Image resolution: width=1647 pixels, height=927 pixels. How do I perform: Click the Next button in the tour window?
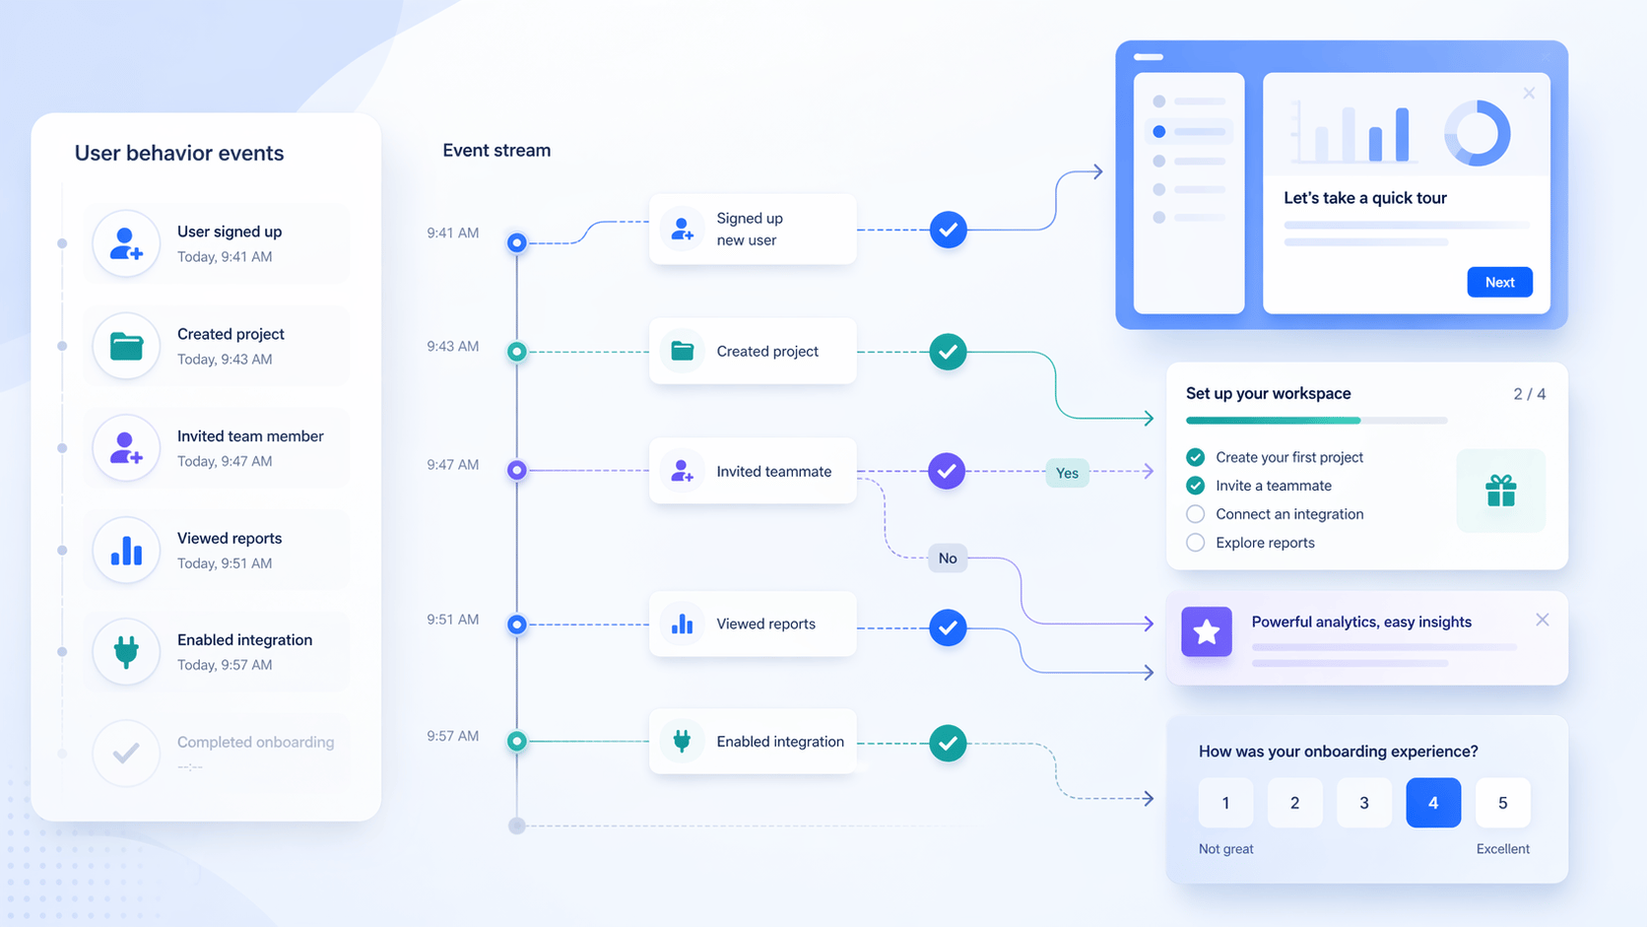click(x=1499, y=283)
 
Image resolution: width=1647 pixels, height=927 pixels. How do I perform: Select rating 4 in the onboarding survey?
click(x=1432, y=803)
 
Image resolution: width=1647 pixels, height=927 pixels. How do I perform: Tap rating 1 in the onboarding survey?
click(x=1225, y=803)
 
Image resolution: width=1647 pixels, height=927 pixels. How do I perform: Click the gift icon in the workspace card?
click(x=1500, y=491)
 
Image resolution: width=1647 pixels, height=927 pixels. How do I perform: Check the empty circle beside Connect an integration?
click(x=1195, y=514)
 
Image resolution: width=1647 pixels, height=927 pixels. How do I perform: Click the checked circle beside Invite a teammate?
click(x=1195, y=486)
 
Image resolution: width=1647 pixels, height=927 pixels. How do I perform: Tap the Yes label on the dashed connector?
click(x=1067, y=473)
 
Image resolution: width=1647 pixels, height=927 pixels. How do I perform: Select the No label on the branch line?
click(x=948, y=559)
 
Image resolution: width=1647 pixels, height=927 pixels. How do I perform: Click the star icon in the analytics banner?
click(x=1207, y=632)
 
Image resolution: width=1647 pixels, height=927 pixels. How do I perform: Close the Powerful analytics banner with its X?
click(x=1542, y=620)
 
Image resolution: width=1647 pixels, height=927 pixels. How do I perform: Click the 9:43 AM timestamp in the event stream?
click(x=453, y=347)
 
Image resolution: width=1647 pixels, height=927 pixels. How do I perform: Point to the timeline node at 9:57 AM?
click(x=516, y=741)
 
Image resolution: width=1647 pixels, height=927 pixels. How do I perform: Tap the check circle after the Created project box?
click(x=948, y=352)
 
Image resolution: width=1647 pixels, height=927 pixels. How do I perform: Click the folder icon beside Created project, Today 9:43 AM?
click(x=126, y=347)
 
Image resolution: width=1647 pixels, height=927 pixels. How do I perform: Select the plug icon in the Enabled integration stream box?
click(x=682, y=741)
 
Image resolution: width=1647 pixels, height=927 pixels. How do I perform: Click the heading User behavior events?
click(x=179, y=154)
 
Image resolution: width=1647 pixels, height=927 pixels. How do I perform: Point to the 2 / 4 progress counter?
click(x=1529, y=394)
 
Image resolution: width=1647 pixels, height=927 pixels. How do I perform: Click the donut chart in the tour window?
click(x=1477, y=133)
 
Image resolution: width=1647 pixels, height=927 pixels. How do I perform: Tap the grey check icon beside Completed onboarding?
click(x=126, y=754)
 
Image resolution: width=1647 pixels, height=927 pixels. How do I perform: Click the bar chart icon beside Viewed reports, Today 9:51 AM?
click(x=126, y=551)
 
